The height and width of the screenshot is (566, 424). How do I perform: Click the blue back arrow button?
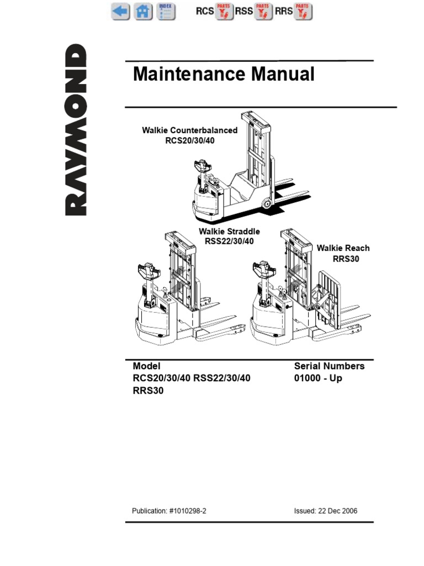coord(120,11)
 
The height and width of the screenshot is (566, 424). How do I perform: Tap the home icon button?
coord(142,11)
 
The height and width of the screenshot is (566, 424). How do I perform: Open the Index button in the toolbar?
coord(165,11)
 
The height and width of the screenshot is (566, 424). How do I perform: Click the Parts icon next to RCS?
coord(224,11)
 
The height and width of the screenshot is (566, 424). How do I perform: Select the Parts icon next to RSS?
coord(263,11)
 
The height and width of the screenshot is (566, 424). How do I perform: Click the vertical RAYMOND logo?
coord(76,130)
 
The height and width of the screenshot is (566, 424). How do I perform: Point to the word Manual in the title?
coord(288,74)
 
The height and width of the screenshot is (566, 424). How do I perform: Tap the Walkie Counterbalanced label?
coord(189,130)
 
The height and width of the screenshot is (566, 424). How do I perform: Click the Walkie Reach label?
coord(343,248)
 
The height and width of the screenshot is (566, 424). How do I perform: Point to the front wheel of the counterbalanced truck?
coord(266,204)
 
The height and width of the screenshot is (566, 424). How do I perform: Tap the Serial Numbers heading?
coord(329,366)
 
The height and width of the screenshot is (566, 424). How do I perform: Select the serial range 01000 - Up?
coord(318,378)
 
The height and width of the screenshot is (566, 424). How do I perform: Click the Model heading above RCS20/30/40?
coord(146,366)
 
